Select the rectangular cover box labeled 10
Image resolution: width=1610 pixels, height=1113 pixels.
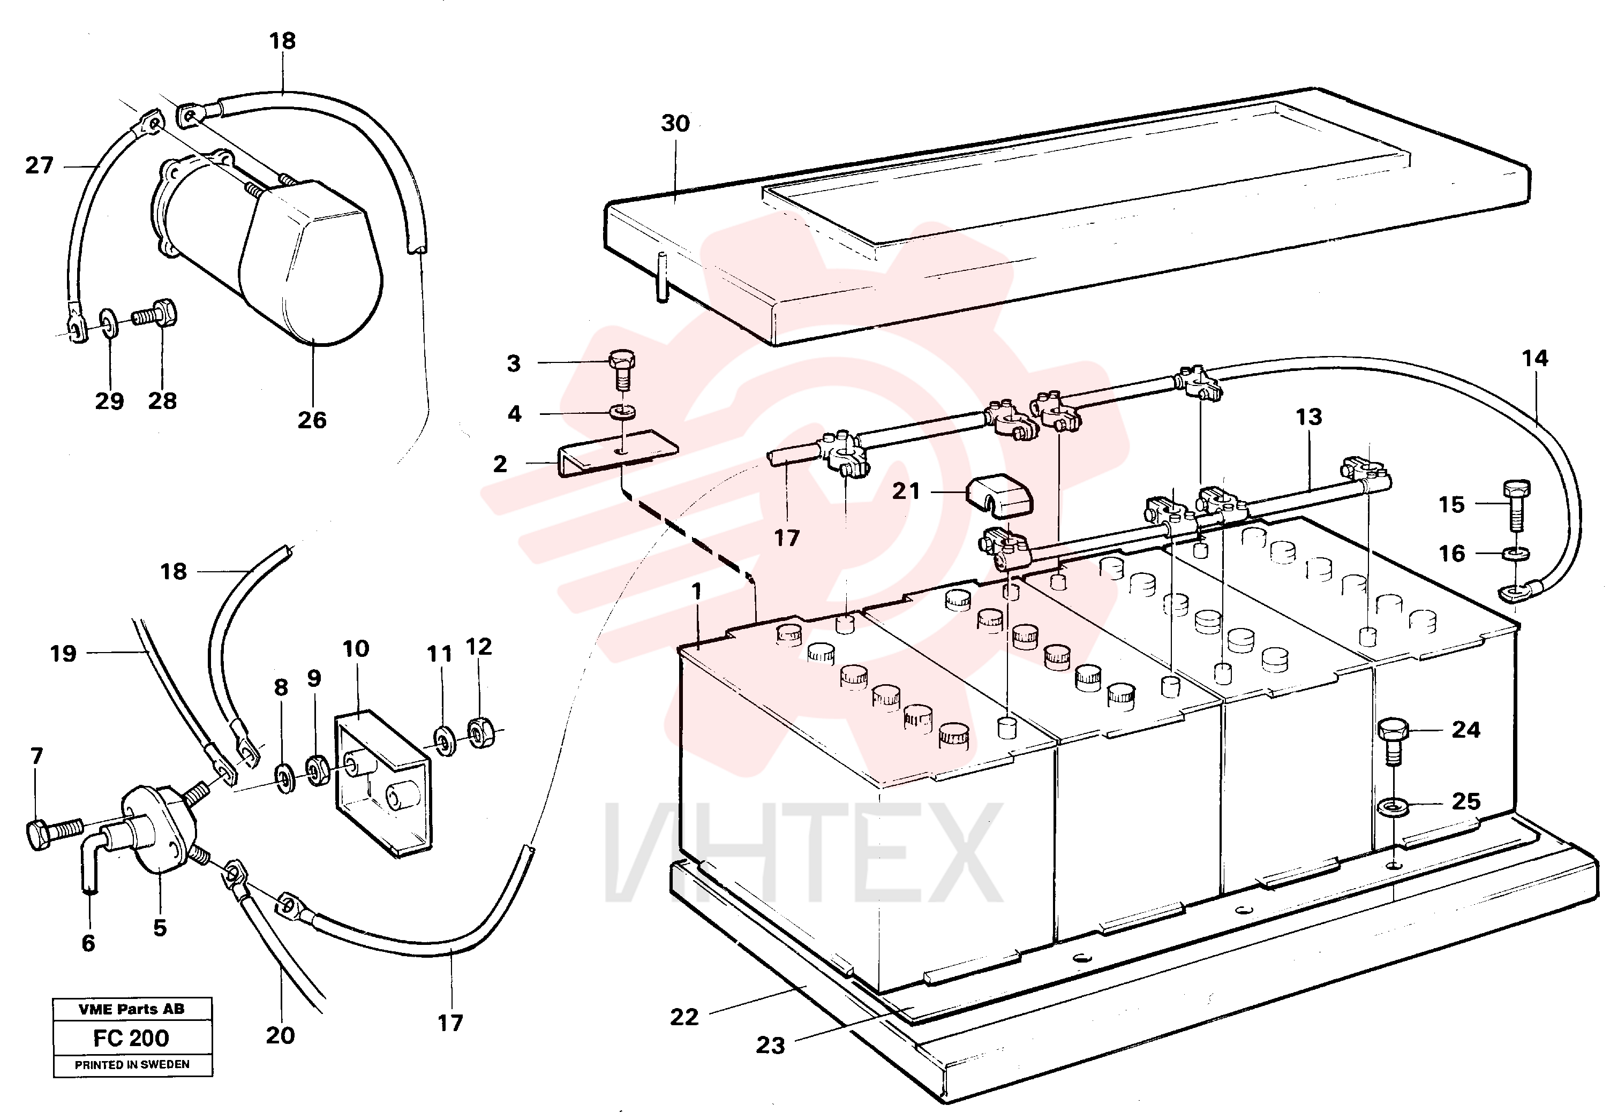pos(383,783)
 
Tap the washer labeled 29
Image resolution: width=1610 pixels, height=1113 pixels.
pos(109,320)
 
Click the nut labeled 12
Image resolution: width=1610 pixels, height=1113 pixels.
pos(480,733)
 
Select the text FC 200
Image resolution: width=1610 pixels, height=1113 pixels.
pos(131,1038)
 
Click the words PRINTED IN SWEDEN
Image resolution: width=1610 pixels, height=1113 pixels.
pos(132,1065)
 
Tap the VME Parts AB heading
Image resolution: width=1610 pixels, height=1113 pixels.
pos(132,1009)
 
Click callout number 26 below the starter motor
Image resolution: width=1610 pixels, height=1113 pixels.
pos(312,420)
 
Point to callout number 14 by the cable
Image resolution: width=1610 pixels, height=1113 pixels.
pos(1534,359)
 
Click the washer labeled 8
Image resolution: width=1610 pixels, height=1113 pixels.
pos(284,777)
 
